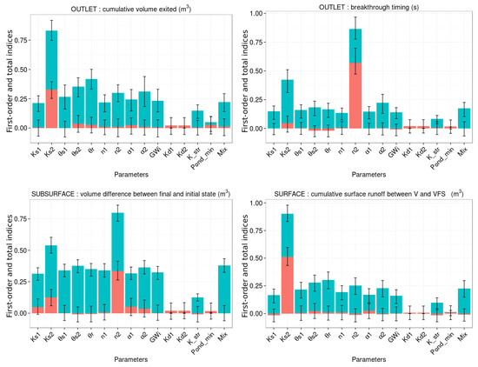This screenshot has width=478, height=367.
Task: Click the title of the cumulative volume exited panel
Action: pos(127,7)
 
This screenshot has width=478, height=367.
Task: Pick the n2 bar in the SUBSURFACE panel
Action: pos(117,252)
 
